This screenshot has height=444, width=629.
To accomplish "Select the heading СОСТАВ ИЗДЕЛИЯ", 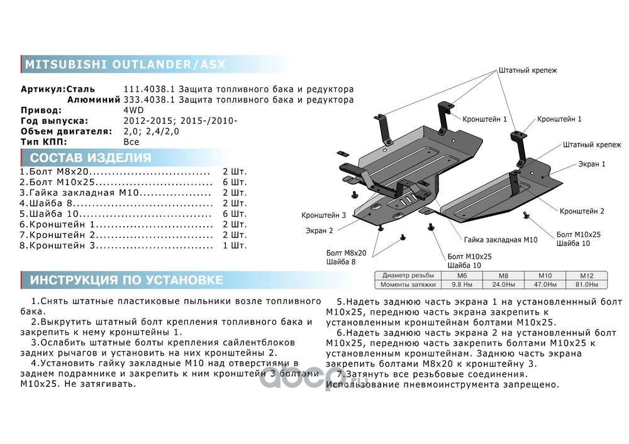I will click(91, 158).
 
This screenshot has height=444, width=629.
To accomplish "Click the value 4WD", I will click(133, 110).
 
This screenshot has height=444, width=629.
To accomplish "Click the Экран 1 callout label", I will click(591, 164).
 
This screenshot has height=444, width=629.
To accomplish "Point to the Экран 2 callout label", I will click(320, 230).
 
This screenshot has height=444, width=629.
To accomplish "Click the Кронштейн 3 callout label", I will click(323, 215).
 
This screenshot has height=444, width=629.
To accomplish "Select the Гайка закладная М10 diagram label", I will click(501, 240).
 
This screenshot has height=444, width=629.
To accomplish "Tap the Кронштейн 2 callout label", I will click(582, 212).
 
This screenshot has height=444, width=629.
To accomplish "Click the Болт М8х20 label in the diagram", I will click(346, 252).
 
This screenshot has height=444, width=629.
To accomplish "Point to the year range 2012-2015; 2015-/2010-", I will click(180, 121).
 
